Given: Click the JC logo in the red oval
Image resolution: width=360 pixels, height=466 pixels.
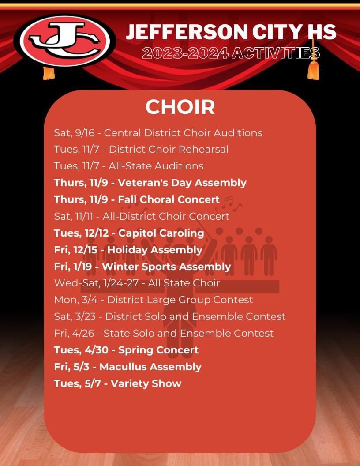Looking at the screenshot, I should point(65,41).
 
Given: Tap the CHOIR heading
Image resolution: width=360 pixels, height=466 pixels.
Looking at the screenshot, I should point(180,107).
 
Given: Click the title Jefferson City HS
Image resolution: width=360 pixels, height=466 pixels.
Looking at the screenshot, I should point(231,32).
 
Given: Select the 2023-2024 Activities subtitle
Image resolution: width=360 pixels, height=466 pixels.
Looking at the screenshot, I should point(231,53).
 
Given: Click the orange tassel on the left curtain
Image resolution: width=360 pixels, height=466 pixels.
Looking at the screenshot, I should point(49,72).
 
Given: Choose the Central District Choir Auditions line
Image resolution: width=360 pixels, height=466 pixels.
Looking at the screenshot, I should point(158,133).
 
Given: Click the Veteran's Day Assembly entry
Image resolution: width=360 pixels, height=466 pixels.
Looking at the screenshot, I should point(150,183).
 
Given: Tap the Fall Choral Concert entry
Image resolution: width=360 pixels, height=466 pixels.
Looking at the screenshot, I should point(137,199).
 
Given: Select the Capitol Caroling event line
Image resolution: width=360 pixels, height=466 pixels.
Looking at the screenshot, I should point(129,233).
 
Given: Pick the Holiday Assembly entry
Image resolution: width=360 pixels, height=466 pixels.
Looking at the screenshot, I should point(128,250).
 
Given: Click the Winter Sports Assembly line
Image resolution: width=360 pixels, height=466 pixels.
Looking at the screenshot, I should point(142,267).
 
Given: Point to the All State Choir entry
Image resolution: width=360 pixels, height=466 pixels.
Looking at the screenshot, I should point(137,283).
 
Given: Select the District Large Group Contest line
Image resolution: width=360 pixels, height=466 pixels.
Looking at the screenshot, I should point(154,300).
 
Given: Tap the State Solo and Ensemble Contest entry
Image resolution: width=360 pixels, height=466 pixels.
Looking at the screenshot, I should point(164,333).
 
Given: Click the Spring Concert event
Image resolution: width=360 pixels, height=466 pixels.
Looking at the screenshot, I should point(126,350).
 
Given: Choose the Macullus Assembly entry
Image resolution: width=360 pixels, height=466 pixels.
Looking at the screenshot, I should point(127,367).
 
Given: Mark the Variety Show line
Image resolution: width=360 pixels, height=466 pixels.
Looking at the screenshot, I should point(118,383).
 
